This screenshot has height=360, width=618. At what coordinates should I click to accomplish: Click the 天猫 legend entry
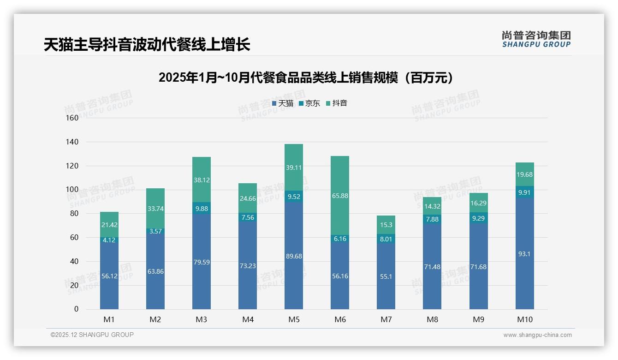click(283, 103)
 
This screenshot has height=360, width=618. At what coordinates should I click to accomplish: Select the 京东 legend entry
click(309, 103)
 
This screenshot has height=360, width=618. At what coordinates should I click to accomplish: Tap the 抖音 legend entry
click(336, 103)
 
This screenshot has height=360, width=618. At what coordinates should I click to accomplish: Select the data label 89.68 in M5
click(294, 256)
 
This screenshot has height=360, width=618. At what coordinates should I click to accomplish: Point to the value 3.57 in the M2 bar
click(155, 231)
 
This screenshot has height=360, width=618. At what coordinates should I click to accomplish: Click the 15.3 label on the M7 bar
click(386, 225)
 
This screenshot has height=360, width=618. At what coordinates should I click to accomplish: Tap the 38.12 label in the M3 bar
click(202, 180)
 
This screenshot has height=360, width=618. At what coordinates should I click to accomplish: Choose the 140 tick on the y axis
click(73, 142)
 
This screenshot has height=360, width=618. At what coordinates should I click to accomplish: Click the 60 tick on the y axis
click(74, 237)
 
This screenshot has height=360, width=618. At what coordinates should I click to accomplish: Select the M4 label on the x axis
click(248, 319)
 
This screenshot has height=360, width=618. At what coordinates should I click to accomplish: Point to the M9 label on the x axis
click(478, 319)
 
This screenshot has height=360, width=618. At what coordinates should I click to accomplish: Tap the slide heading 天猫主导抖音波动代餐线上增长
click(147, 45)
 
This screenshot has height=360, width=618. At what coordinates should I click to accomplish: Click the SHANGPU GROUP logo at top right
click(536, 39)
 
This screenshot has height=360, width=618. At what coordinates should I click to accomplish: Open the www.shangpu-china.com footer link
click(537, 335)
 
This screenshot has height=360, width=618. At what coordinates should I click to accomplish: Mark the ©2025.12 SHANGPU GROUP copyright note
click(92, 335)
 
